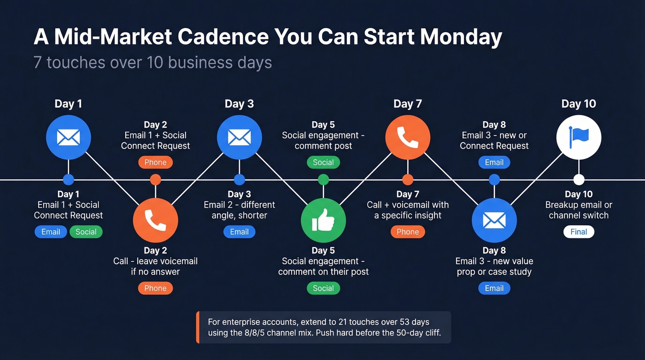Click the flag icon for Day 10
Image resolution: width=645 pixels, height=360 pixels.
579,137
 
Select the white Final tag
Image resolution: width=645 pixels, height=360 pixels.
579,232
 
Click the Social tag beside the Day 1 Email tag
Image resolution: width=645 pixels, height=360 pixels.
86,232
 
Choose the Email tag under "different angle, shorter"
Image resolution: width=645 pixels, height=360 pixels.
239,232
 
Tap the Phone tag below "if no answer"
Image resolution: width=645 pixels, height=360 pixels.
155,288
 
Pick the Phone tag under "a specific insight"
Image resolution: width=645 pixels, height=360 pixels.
408,232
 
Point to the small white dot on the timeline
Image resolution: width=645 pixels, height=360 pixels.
579,180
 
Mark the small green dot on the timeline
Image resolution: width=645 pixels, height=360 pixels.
323,180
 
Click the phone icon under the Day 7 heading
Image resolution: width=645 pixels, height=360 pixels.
408,137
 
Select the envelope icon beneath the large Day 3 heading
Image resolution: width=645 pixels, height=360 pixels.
239,137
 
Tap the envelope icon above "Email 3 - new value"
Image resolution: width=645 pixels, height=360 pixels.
494,220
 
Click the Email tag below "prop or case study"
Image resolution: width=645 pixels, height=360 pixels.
494,288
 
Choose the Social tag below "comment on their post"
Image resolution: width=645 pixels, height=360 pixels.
323,288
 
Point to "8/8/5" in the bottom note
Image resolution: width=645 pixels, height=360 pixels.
249,333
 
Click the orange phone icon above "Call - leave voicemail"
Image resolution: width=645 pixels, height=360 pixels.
155,220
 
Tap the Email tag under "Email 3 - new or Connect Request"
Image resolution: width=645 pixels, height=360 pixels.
494,162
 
